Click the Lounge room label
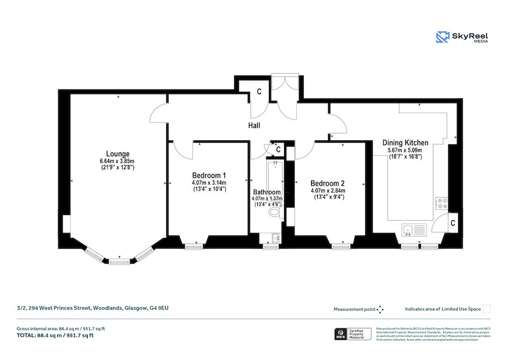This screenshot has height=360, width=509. pyautogui.click(x=118, y=153)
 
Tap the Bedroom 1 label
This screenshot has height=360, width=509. pyautogui.click(x=209, y=175)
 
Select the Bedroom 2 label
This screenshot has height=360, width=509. pyautogui.click(x=327, y=183)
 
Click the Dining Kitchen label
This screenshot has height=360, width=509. pyautogui.click(x=405, y=143)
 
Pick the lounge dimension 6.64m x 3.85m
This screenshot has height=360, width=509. pyautogui.click(x=118, y=161)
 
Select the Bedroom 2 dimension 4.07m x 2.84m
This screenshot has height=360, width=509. pyautogui.click(x=327, y=191)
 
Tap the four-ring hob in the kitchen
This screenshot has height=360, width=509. pyautogui.click(x=441, y=203)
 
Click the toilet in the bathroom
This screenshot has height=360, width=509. pyautogui.click(x=274, y=212)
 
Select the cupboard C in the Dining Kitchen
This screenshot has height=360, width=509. pyautogui.click(x=454, y=223)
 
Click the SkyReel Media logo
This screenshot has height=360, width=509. pyautogui.click(x=462, y=37)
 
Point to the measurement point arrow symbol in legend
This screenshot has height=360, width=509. pyautogui.click(x=381, y=309)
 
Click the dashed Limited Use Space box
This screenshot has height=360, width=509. pyautogui.click(x=486, y=309)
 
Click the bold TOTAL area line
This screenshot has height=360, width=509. pyautogui.click(x=55, y=336)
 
